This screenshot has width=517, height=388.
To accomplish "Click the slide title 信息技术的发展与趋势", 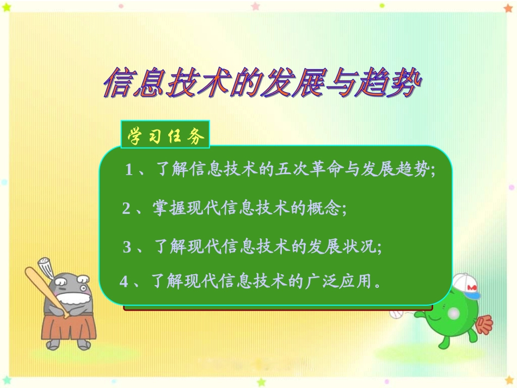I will click(262, 83).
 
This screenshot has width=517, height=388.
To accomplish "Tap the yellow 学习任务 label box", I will click(165, 136).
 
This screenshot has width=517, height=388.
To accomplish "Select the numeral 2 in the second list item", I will click(126, 208).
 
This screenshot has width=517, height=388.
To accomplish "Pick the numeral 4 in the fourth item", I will click(124, 281).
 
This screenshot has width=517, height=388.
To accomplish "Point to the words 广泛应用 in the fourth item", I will click(336, 281).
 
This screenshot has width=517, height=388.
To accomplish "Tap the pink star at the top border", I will click(255, 7).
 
